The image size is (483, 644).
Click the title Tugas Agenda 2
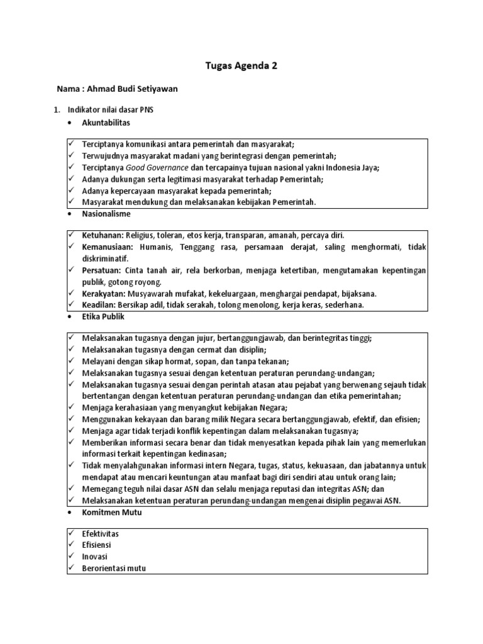[x=241, y=65]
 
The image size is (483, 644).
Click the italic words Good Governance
[x=157, y=167]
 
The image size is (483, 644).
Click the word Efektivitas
[x=100, y=534]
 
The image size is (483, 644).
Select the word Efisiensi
[x=97, y=545]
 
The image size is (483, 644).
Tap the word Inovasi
[x=95, y=557]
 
